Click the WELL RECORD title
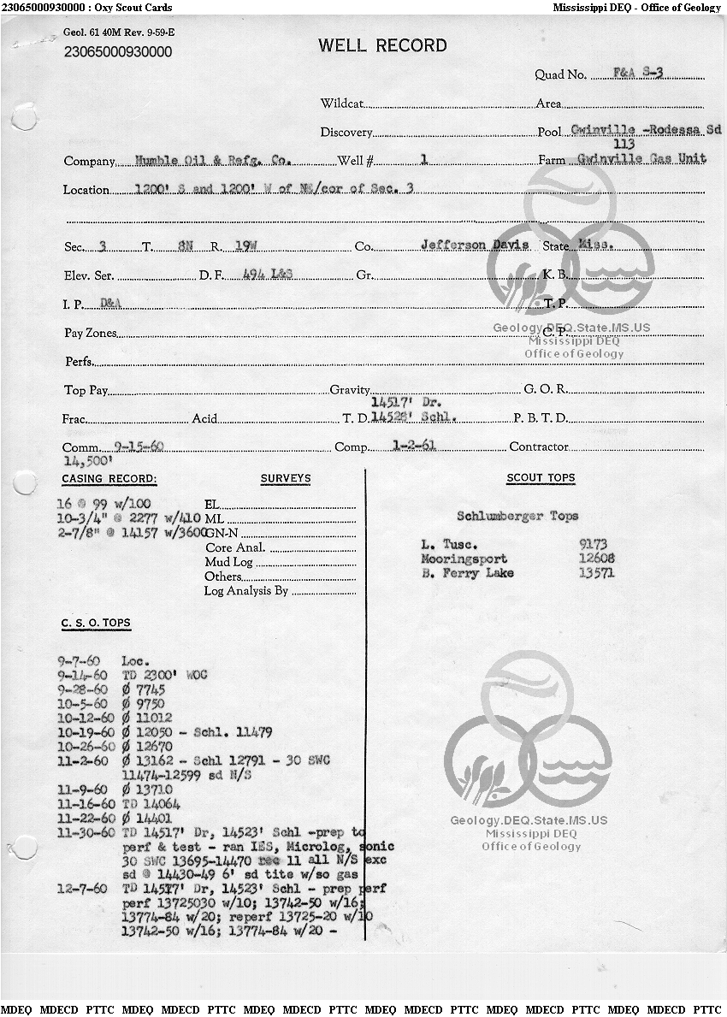[382, 46]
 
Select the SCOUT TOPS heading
[541, 478]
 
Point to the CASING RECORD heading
[109, 479]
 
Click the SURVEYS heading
[286, 479]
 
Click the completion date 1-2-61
[409, 446]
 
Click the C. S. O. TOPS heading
[96, 623]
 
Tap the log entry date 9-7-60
[79, 661]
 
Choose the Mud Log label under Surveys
[228, 562]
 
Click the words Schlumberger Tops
[517, 516]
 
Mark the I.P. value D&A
[110, 303]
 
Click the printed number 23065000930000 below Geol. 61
[118, 52]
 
